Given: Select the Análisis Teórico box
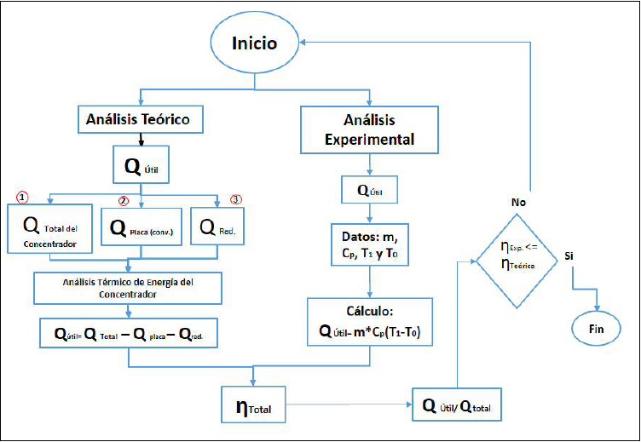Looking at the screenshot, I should pos(142,121).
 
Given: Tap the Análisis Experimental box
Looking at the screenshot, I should pos(368,129).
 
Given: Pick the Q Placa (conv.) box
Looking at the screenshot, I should pos(141,227).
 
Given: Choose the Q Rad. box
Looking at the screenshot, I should pos(217,227).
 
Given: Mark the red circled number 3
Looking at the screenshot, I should pos(236,200).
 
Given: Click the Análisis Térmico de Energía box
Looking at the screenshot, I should pos(128,287).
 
